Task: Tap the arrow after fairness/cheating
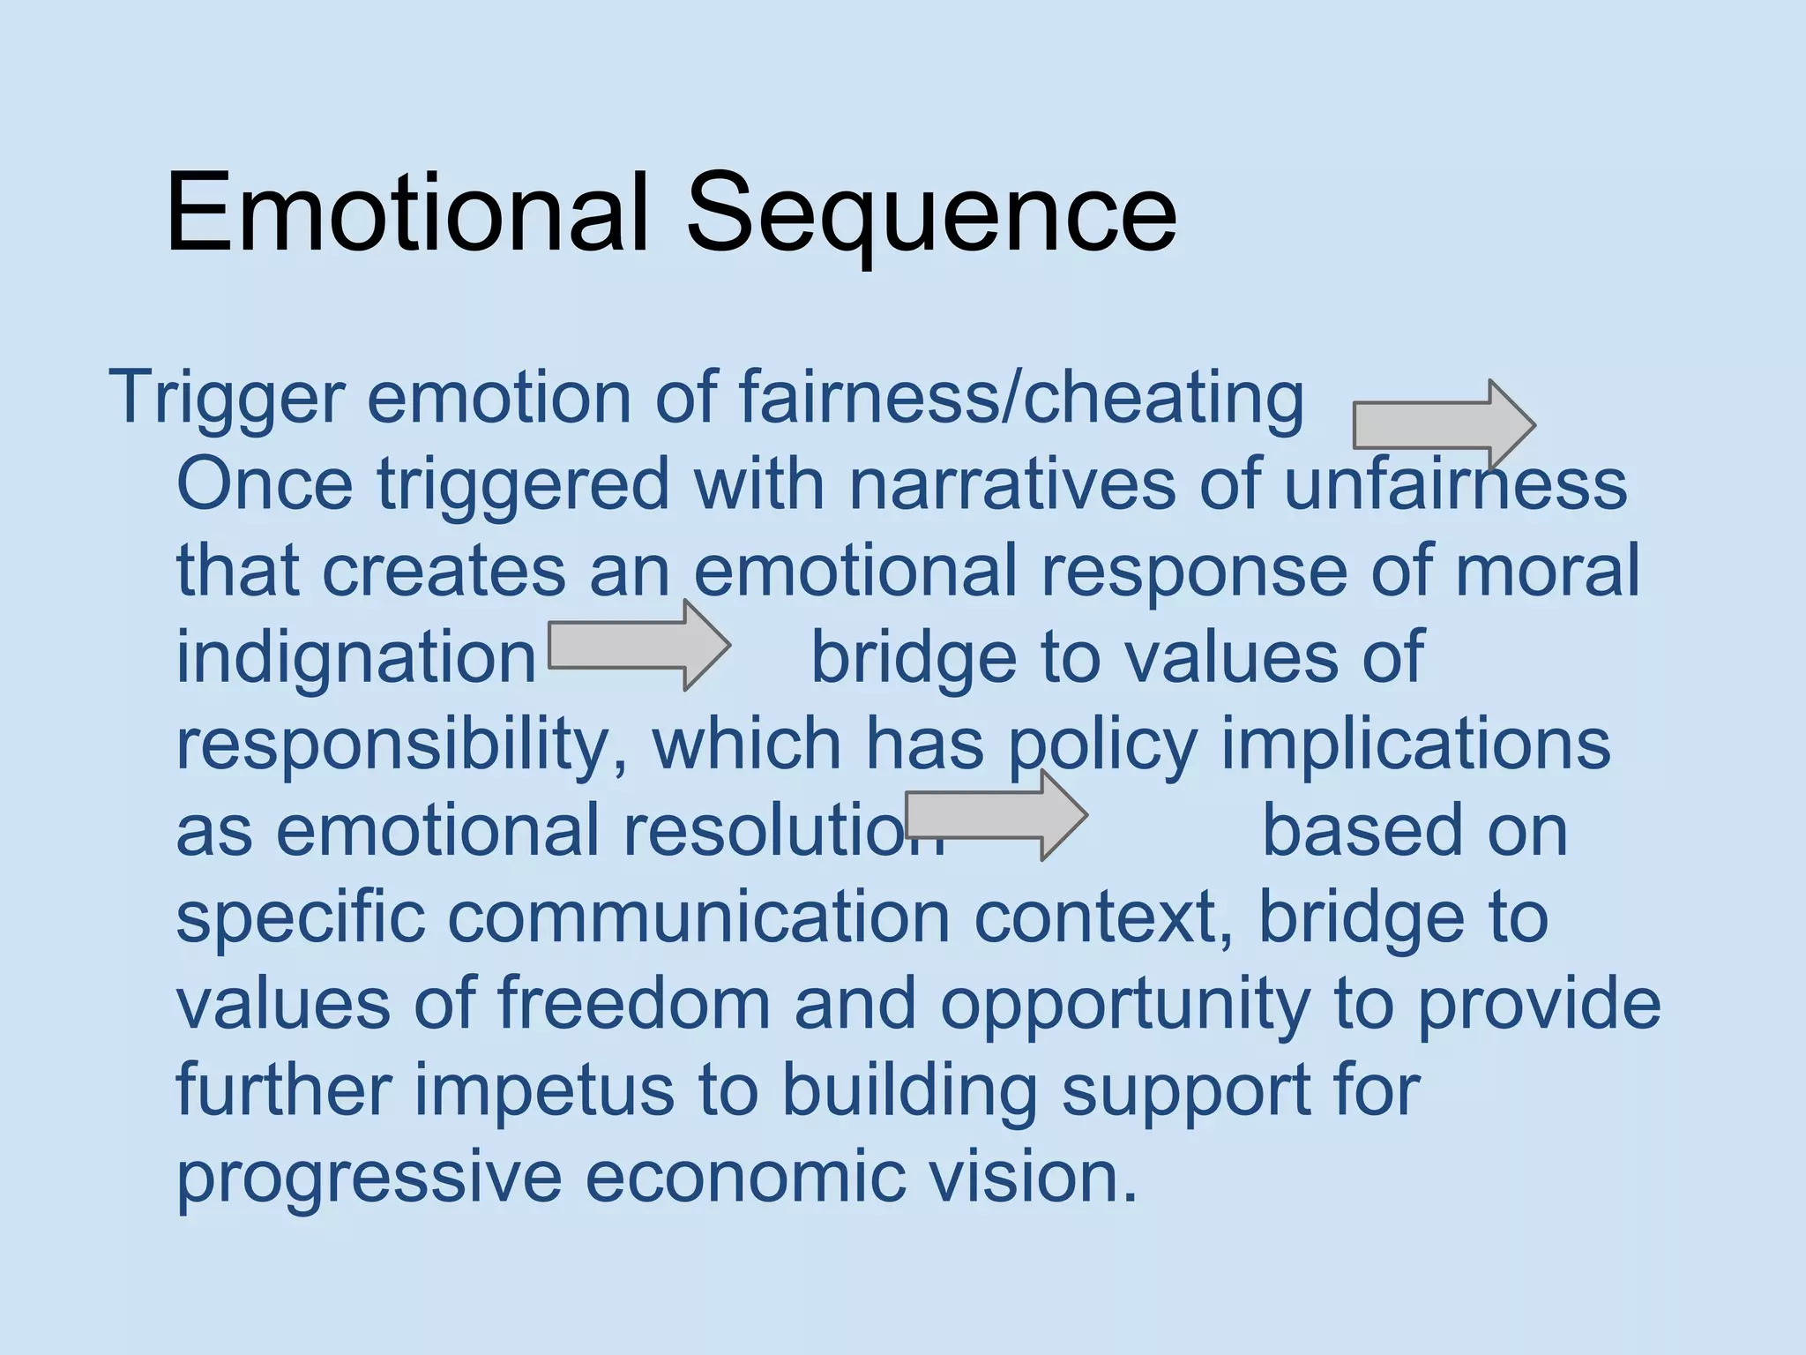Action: [x=1444, y=425]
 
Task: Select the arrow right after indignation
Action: [x=638, y=645]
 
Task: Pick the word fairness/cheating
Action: [x=1021, y=398]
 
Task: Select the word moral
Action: [x=1547, y=571]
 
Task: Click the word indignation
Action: [x=356, y=657]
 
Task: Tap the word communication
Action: [x=698, y=917]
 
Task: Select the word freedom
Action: [x=633, y=1004]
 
